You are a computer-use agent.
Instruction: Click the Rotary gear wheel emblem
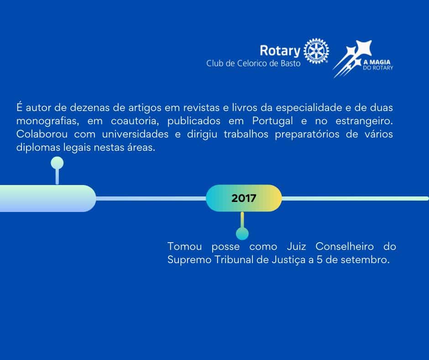click(x=316, y=51)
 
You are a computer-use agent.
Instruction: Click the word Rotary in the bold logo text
click(x=280, y=51)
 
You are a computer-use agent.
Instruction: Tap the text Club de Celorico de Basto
click(x=253, y=64)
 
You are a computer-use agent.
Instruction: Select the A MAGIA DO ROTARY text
click(x=378, y=65)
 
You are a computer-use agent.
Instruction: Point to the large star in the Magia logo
click(x=364, y=48)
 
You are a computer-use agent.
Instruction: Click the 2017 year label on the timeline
click(x=244, y=198)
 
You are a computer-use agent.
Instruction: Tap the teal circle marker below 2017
click(x=242, y=234)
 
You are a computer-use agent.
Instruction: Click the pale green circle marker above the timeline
click(x=57, y=163)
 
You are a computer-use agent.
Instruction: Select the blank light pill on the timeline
click(x=48, y=198)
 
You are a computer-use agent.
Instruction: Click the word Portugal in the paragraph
click(x=272, y=121)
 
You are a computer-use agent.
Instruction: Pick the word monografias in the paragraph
click(x=48, y=121)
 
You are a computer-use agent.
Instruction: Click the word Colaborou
click(x=42, y=134)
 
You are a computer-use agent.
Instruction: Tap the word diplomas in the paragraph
click(x=38, y=148)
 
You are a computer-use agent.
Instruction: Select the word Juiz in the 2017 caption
click(x=296, y=246)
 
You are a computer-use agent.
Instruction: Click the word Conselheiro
click(x=345, y=246)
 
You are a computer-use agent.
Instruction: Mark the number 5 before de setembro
click(x=319, y=260)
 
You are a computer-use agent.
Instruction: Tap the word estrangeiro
click(x=364, y=121)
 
